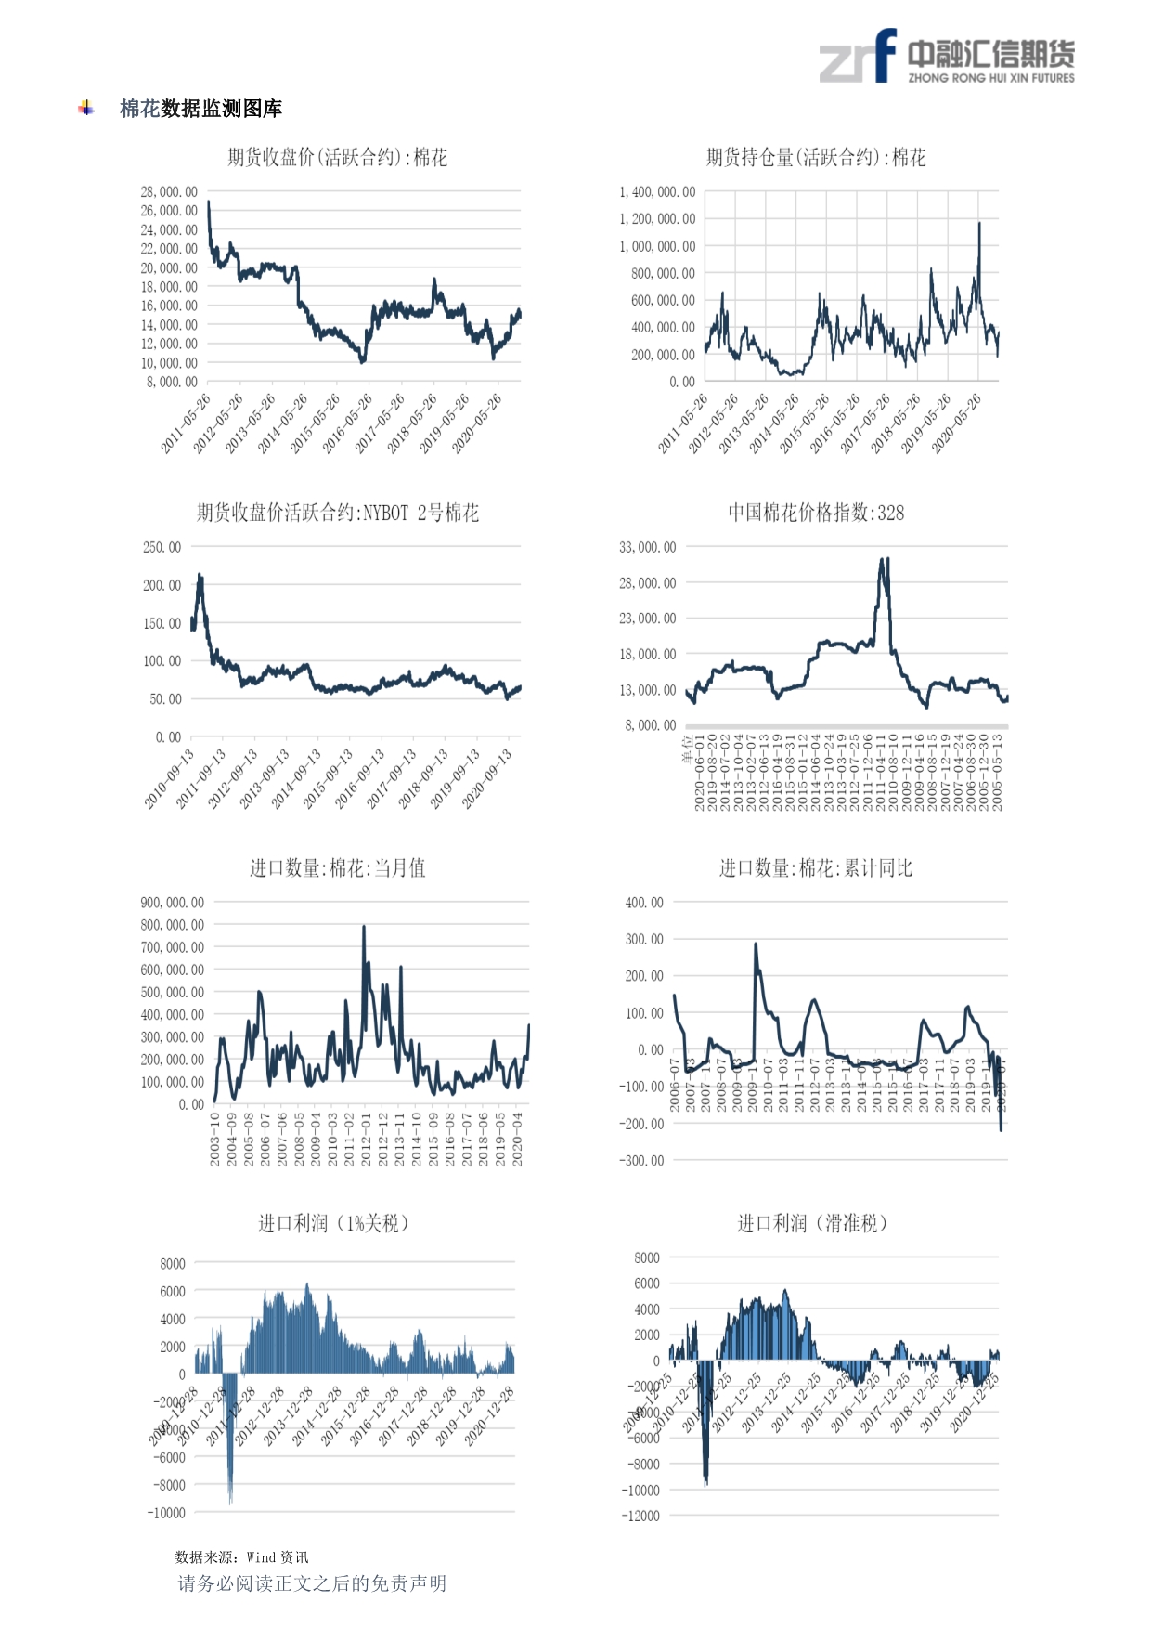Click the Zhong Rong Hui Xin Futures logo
point(946,58)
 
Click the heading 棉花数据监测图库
point(200,109)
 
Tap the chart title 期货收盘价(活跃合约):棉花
point(337,158)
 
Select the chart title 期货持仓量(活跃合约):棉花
point(815,158)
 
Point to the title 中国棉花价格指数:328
point(815,513)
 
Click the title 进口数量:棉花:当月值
point(337,868)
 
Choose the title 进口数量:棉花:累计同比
point(815,868)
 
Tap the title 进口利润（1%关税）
point(333,1223)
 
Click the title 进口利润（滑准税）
point(812,1223)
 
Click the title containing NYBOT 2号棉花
point(337,513)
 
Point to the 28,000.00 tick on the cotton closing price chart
point(169,192)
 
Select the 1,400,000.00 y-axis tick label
point(657,192)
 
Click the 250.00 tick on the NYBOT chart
point(162,547)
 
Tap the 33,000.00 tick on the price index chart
point(648,547)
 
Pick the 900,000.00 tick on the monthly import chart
point(173,903)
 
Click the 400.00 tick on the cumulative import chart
point(644,903)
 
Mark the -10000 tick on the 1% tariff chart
point(166,1513)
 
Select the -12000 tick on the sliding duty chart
point(640,1516)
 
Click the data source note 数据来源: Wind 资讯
point(241,1557)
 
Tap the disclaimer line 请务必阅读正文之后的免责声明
point(312,1583)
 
